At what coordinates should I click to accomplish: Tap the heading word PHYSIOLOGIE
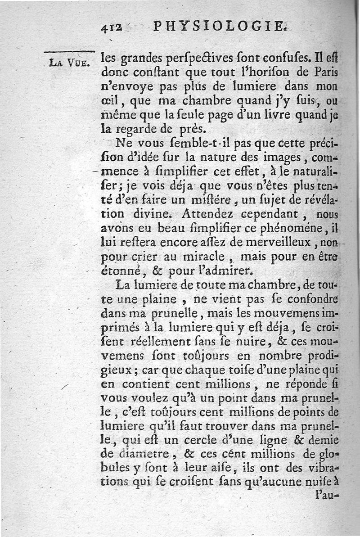coord(220,27)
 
